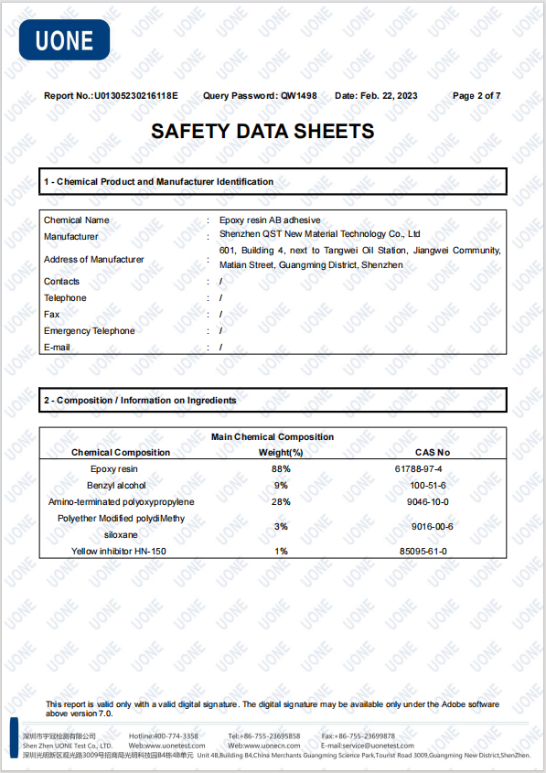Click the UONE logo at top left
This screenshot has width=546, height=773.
click(x=64, y=40)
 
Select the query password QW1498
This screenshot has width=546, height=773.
click(x=299, y=96)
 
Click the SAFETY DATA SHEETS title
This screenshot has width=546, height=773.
click(x=262, y=132)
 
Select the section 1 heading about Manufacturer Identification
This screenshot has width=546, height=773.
click(x=159, y=182)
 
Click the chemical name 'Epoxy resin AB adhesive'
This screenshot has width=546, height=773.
click(x=270, y=220)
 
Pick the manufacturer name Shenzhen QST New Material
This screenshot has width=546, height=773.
click(x=319, y=235)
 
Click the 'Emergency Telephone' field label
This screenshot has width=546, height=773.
click(x=89, y=331)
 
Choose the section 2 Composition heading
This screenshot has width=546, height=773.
click(x=140, y=401)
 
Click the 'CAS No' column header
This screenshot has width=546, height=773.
click(x=433, y=453)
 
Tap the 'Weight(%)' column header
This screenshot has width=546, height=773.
click(x=281, y=453)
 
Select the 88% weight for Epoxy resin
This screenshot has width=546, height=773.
click(x=281, y=469)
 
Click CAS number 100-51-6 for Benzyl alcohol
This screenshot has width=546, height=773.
click(x=427, y=486)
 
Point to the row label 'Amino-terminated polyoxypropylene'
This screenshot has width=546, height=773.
click(x=121, y=502)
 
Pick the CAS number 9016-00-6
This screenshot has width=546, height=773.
click(x=432, y=527)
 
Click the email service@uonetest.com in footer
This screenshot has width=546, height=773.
click(x=368, y=746)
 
